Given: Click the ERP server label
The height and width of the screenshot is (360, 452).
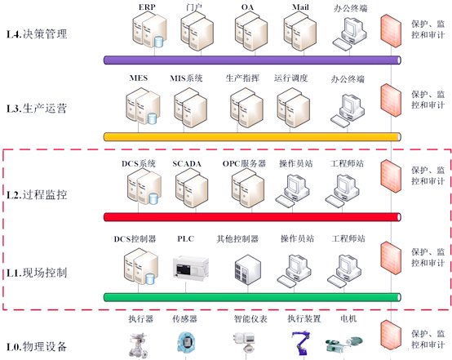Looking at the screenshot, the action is [147, 7].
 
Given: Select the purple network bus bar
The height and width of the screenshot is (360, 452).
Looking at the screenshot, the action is [252, 60].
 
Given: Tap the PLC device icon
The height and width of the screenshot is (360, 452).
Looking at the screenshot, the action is [191, 267].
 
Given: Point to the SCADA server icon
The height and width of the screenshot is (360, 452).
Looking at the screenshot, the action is [192, 188].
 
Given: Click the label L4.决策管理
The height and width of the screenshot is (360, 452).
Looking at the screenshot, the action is [37, 34].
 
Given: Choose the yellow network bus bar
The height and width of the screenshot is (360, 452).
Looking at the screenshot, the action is [252, 136].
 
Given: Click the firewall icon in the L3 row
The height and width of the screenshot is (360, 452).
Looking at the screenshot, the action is [391, 100].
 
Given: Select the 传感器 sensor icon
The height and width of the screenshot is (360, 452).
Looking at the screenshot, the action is [186, 343].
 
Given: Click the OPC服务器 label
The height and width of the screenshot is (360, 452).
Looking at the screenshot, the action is [244, 163].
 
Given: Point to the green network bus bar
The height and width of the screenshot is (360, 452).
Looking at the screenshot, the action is [252, 297].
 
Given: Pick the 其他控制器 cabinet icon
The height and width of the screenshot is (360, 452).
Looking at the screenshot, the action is [247, 269].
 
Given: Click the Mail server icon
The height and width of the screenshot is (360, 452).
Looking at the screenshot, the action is [299, 31].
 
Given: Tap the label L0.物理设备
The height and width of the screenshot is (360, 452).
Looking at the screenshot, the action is [37, 346].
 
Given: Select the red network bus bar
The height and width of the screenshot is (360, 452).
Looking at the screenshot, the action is [252, 217].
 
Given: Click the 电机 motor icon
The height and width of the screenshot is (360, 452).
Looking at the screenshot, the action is [344, 344].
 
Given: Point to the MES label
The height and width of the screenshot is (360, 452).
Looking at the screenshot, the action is [139, 78].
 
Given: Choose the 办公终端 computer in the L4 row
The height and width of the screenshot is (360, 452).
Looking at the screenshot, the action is [350, 33].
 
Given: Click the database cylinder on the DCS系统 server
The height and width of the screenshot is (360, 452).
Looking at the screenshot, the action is [153, 198].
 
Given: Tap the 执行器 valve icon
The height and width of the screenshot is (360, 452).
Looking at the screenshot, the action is [139, 345].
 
